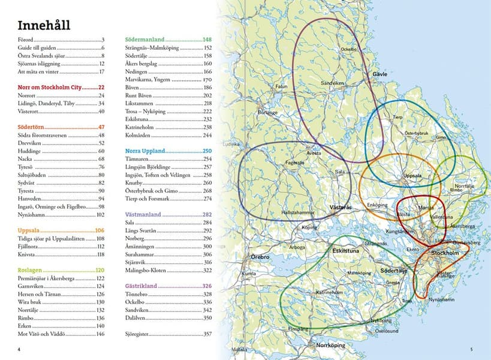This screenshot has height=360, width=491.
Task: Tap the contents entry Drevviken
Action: (x=30, y=143)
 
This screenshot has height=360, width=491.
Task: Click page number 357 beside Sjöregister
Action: (x=208, y=334)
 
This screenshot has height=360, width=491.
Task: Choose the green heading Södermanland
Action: (x=144, y=39)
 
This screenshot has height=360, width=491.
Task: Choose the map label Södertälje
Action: (x=394, y=271)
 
